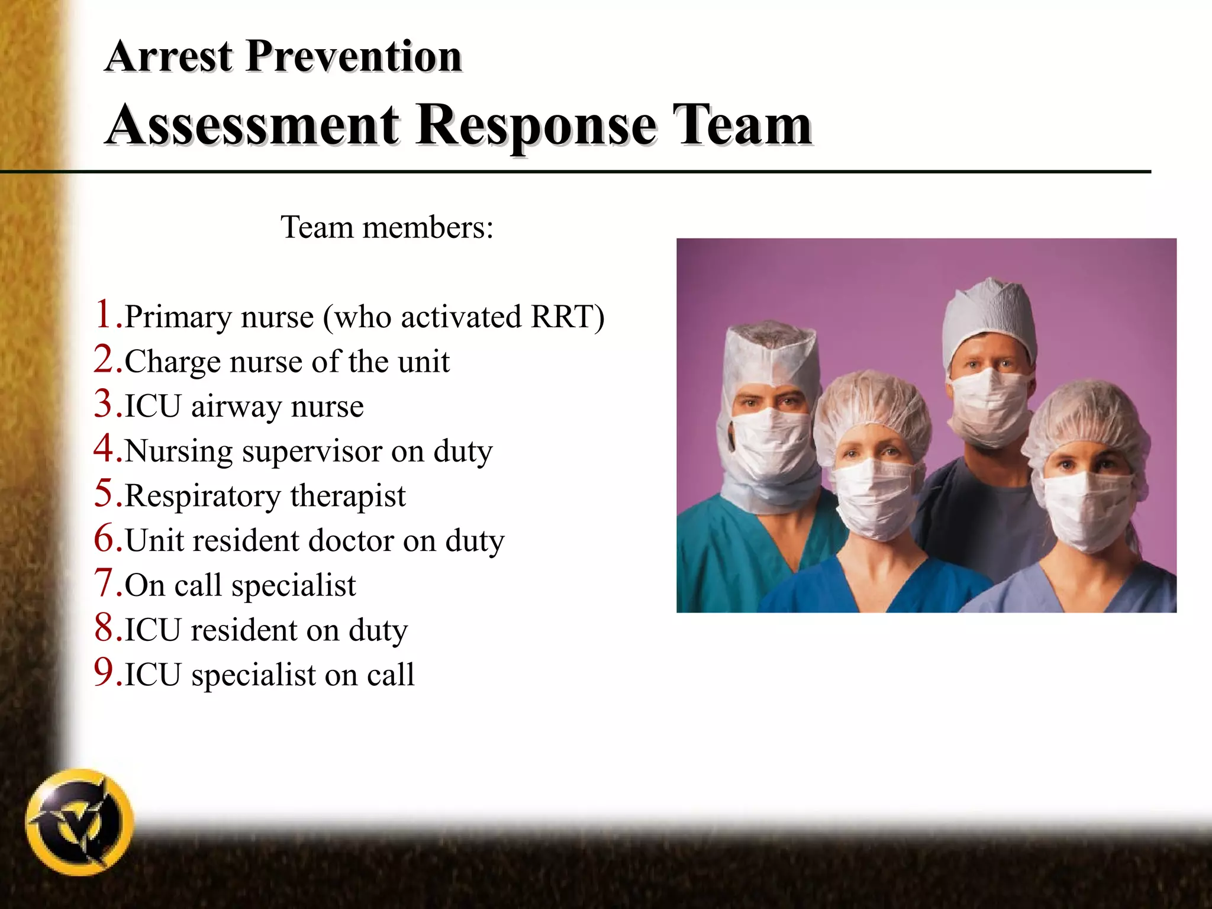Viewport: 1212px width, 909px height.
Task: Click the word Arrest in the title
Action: pyautogui.click(x=169, y=57)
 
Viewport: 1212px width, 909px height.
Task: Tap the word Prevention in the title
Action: pyautogui.click(x=353, y=57)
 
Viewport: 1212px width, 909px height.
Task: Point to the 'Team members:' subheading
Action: pyautogui.click(x=387, y=227)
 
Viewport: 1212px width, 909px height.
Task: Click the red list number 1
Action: pyautogui.click(x=104, y=314)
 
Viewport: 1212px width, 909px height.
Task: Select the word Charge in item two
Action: pyautogui.click(x=172, y=362)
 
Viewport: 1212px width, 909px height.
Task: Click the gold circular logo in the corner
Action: pyautogui.click(x=80, y=823)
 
